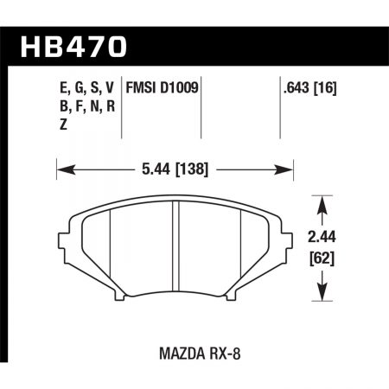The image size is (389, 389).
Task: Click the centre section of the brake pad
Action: tap(176, 251)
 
